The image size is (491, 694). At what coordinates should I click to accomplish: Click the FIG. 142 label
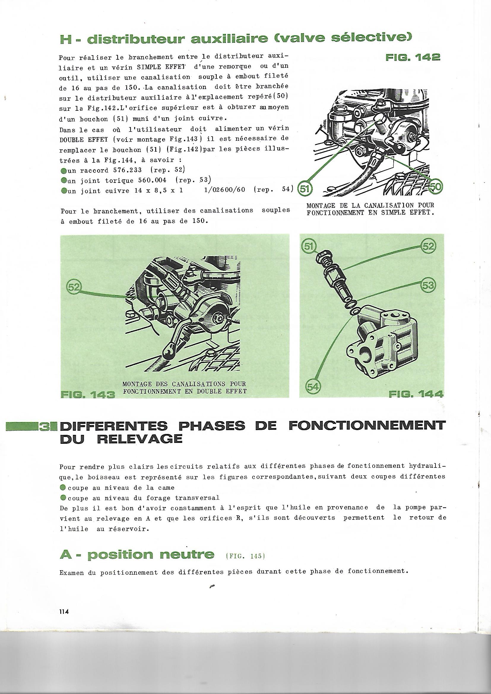point(413,57)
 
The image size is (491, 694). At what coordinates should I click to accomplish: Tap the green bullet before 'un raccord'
point(64,170)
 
